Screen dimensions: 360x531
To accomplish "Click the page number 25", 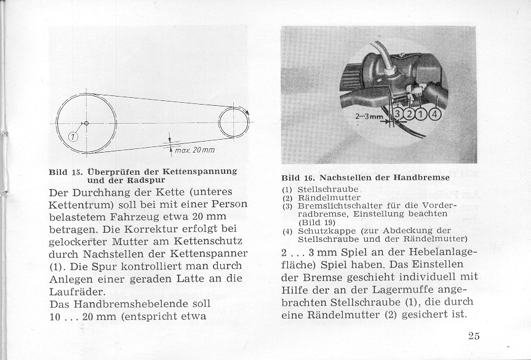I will [x=473, y=335].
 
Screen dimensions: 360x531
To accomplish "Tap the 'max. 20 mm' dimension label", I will [x=194, y=150].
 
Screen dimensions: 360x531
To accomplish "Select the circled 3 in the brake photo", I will [x=399, y=114].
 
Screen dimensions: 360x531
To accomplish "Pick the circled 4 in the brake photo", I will [x=436, y=114].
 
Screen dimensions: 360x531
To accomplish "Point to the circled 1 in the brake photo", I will [x=423, y=114].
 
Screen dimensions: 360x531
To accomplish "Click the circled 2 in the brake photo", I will [x=411, y=114].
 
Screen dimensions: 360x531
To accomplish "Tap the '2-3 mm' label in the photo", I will [x=369, y=116].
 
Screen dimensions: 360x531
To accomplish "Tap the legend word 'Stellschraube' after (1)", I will [x=323, y=189].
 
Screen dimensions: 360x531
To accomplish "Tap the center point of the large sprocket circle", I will [x=86, y=124].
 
